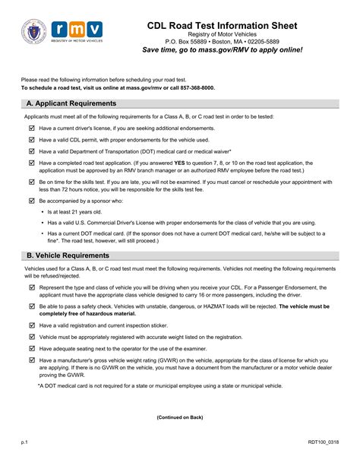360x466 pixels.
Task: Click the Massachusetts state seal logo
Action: pos(36,33)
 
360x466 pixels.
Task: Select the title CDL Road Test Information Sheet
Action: pos(223,26)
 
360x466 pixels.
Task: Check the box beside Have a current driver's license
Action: pos(31,128)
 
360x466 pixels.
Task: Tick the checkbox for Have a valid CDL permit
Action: pos(31,140)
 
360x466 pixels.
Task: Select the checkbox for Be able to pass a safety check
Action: pos(31,306)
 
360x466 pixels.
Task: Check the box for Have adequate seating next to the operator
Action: pos(31,347)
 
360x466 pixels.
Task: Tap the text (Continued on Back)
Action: pos(180,417)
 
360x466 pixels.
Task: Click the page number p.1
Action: pos(24,441)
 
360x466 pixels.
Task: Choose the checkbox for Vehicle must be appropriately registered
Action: pos(31,336)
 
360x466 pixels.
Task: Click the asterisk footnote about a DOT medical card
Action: pos(160,385)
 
